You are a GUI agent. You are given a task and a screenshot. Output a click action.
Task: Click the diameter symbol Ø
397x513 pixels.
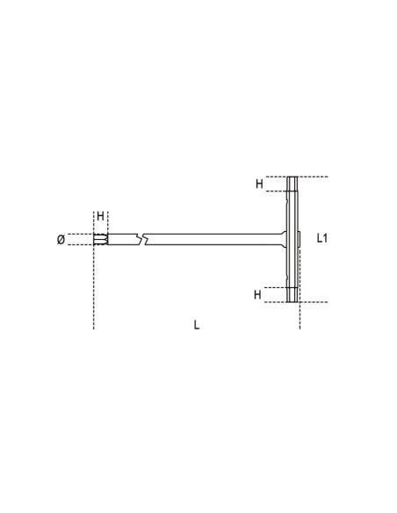pos(60,240)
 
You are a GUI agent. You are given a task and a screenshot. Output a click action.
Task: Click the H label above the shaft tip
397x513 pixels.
pos(100,216)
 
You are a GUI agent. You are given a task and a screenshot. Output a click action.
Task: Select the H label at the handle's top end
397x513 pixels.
pos(259,184)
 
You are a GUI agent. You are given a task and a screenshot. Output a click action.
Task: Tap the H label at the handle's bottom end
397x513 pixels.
pos(258,295)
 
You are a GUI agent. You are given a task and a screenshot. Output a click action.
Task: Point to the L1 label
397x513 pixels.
pos(321,238)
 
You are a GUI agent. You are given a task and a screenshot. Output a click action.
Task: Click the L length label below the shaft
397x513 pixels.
pos(197,324)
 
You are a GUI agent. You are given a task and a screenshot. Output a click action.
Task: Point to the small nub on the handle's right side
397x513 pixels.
pos(300,238)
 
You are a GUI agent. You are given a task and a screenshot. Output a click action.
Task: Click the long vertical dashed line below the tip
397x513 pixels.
pos(93,290)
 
